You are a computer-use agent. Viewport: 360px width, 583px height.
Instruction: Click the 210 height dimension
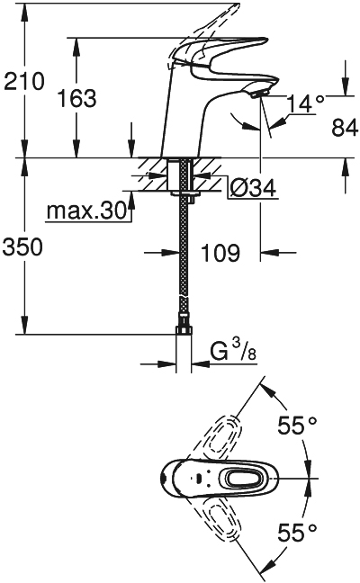tap(23, 81)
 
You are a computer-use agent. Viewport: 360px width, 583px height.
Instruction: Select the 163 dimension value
tap(77, 99)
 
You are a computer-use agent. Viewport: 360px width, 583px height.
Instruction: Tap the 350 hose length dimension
tap(22, 247)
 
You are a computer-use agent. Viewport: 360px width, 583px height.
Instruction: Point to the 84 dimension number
tap(345, 128)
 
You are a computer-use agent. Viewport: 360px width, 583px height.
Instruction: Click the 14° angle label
tap(306, 103)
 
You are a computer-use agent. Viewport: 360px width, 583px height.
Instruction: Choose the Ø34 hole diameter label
tap(253, 188)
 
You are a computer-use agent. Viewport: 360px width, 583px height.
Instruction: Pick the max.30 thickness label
tap(86, 211)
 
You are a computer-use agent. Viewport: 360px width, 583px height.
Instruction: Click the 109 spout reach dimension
tap(220, 253)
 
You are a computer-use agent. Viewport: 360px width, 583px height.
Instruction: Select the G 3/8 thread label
tap(234, 351)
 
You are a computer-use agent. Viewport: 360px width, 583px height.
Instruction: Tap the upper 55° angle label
tap(297, 426)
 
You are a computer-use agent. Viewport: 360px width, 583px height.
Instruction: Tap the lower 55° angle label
tap(297, 533)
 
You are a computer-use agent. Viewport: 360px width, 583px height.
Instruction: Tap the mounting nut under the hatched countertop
tap(184, 195)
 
